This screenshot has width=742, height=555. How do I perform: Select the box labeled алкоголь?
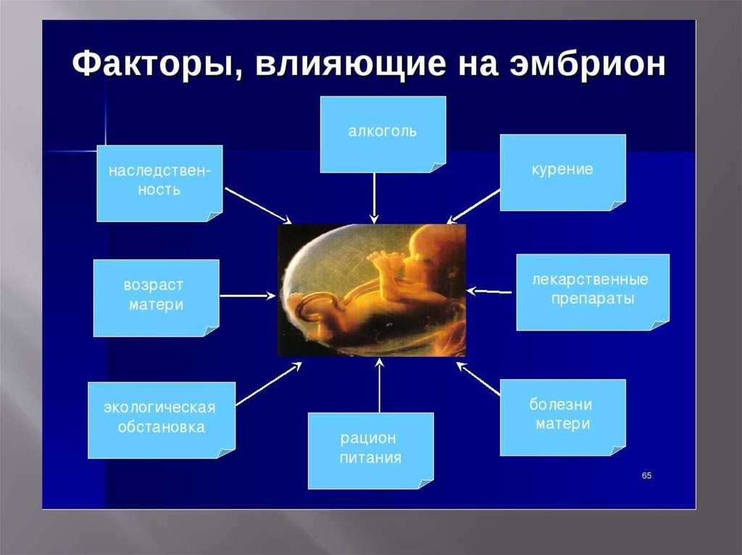tap(382, 134)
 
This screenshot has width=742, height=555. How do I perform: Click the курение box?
tap(562, 171)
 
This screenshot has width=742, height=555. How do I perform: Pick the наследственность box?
tap(159, 182)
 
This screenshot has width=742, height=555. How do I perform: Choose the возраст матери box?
tap(156, 297)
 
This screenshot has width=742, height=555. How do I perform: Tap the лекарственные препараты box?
tap(592, 291)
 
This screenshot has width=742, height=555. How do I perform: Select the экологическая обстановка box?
tap(161, 419)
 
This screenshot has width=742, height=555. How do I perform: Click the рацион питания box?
tap(370, 449)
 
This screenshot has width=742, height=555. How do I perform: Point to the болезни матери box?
tap(562, 416)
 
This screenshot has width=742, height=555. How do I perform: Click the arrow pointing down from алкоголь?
tap(374, 197)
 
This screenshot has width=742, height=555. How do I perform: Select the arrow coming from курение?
tap(474, 206)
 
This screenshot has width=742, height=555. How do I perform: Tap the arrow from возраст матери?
tap(247, 295)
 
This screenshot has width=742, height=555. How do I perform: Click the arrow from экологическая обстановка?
tap(268, 384)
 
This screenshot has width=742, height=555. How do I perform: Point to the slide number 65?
tap(647, 475)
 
